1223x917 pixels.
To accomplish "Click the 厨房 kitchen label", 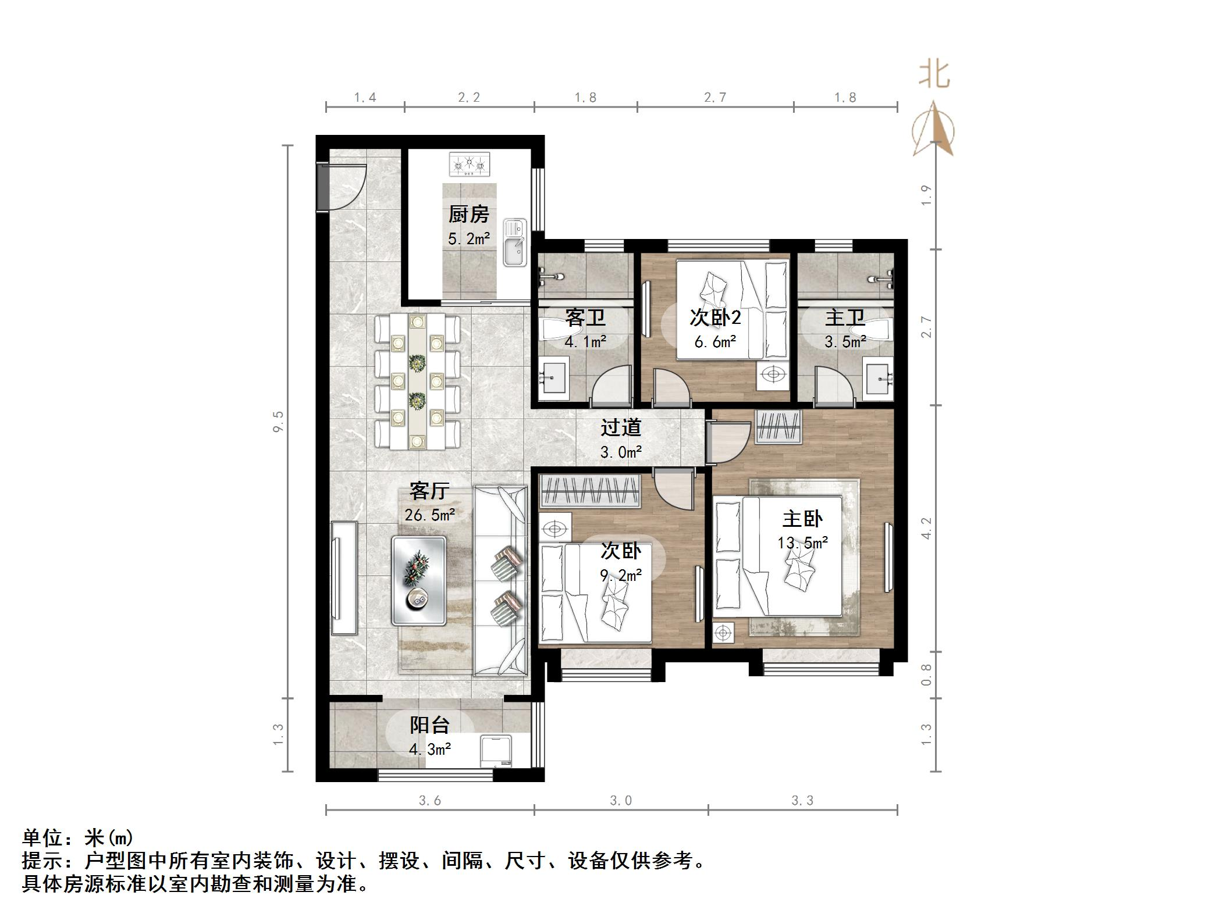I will pos(468,215).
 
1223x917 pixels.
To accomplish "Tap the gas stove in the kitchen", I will pos(469,164).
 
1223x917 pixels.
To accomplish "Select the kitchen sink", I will pos(514,243).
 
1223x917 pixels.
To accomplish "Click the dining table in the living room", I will pos(417,381).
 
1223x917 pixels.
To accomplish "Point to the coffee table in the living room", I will pos(419,580).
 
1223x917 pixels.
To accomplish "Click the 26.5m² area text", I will pos(430,515).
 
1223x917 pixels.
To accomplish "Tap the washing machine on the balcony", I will pos(496,752).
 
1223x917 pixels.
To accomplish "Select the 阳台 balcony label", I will pos(430,725).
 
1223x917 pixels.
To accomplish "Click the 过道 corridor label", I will pos(621,428).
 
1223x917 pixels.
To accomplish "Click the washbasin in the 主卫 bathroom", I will pos(879,380).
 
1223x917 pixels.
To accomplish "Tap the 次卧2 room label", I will pos(715,317).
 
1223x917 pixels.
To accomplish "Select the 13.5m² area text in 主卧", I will pos(803,543).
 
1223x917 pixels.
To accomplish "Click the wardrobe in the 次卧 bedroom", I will pos(591,490).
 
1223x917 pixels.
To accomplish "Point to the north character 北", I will pos(934,75).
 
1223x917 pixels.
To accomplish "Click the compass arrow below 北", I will pos(933,130).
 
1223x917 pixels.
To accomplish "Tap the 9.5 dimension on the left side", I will pos(278,421).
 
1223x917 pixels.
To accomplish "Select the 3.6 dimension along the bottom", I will pos(430,801).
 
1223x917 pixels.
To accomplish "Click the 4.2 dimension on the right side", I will pos(927,528).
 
